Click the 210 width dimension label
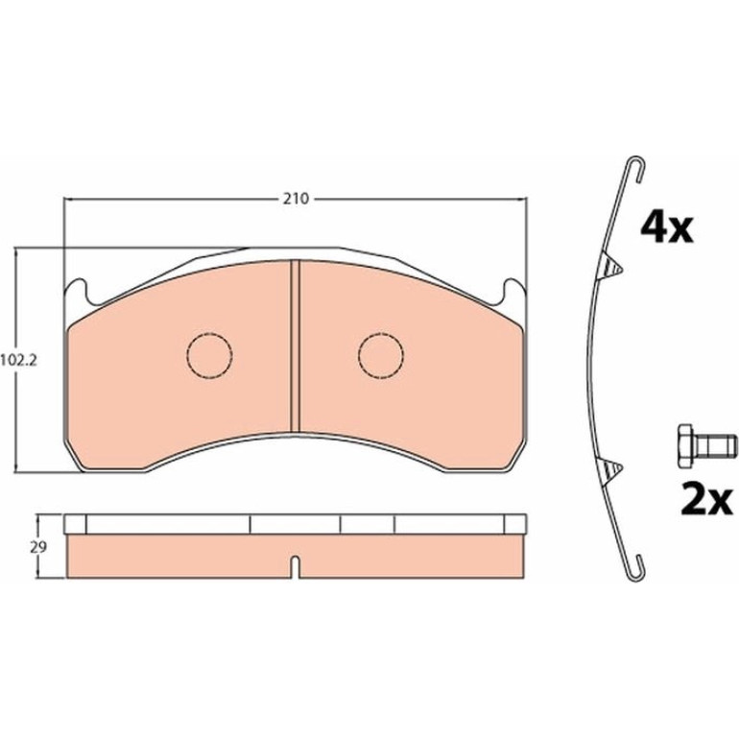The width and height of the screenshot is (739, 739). (296, 199)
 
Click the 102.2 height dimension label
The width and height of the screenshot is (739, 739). (18, 361)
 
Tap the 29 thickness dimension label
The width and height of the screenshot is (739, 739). (38, 548)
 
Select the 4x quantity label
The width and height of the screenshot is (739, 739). (666, 228)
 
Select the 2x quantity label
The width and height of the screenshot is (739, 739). (706, 500)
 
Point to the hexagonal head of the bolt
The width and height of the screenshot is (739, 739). (686, 445)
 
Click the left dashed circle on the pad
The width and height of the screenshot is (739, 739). (210, 354)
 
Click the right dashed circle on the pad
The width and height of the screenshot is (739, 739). (381, 355)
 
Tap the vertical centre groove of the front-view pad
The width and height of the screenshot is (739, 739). (295, 346)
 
